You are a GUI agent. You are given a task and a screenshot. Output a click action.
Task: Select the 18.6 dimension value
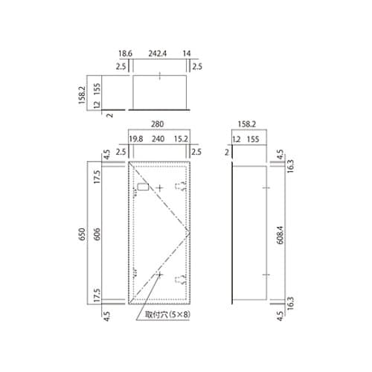[125, 54]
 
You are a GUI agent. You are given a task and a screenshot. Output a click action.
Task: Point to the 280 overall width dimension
[159, 126]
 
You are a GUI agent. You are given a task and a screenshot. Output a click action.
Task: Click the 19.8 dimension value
[135, 138]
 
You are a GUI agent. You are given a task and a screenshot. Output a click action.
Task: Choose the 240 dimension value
[159, 138]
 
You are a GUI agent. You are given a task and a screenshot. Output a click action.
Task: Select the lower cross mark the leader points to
[158, 275]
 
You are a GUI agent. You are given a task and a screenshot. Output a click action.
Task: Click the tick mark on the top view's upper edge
[159, 75]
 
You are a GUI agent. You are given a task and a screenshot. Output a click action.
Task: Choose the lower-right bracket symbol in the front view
[177, 280]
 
